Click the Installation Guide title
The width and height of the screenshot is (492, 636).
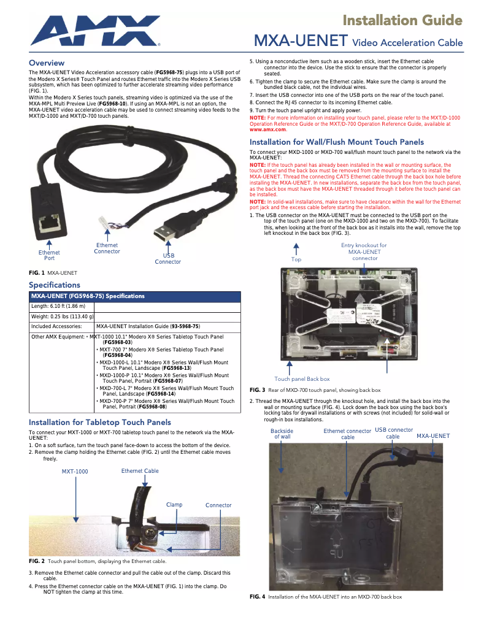tap(402, 21)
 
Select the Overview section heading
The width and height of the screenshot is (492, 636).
tap(47, 63)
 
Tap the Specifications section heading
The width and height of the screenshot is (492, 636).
tap(55, 285)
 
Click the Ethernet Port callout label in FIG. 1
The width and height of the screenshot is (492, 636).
tap(49, 255)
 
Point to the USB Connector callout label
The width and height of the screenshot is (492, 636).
tap(167, 259)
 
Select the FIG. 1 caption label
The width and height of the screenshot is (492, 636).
tap(53, 272)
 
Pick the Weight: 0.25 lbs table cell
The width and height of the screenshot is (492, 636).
tap(62, 316)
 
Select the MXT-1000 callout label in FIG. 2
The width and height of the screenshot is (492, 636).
tap(75, 472)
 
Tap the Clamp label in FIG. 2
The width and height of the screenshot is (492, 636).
tap(174, 505)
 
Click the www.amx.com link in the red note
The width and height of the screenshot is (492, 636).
tap(267, 129)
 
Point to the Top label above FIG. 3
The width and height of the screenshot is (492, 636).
tap(296, 259)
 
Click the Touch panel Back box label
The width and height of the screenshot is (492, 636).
tap(302, 379)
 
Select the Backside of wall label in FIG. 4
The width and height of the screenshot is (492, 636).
tap(282, 434)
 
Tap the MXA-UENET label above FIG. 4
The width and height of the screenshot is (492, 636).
tap(433, 436)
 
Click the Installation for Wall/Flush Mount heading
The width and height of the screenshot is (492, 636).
tap(336, 142)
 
